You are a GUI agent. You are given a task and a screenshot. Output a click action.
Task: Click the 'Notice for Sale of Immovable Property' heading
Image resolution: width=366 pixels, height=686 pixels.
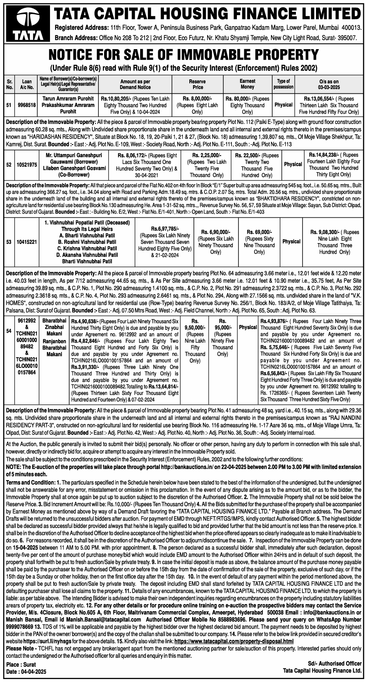pyautogui.click(x=183, y=54)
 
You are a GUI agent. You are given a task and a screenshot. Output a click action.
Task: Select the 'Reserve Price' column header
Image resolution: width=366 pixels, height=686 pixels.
pyautogui.click(x=197, y=84)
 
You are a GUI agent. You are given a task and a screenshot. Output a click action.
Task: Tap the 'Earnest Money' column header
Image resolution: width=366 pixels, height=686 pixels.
pyautogui.click(x=248, y=84)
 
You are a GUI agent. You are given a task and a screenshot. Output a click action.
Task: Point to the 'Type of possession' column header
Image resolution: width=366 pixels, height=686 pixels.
pyautogui.click(x=284, y=84)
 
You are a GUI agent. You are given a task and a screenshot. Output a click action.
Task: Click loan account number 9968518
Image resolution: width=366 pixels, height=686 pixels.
pyautogui.click(x=27, y=105)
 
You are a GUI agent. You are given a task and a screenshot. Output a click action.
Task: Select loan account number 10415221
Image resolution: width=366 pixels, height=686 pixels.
pyautogui.click(x=27, y=241)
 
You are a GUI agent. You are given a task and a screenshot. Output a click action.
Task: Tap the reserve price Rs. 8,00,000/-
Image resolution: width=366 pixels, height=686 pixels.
pyautogui.click(x=198, y=99)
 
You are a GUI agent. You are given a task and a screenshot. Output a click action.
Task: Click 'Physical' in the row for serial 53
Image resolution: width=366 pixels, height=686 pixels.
pyautogui.click(x=291, y=241)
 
